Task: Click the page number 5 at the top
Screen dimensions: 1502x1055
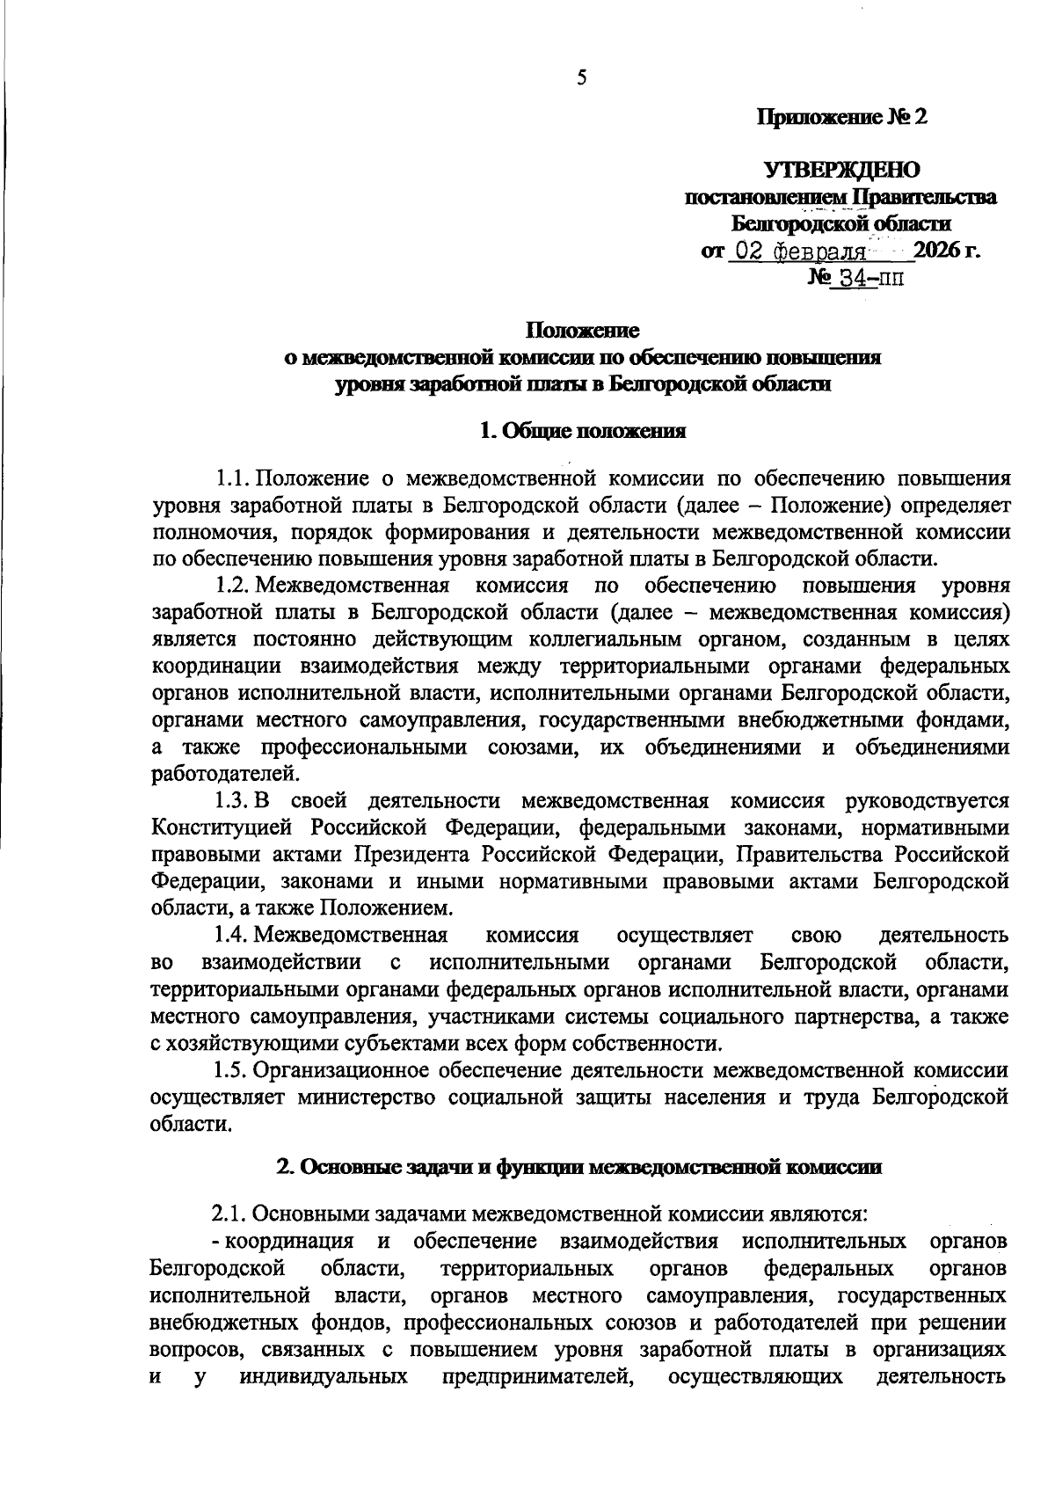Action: coord(581,78)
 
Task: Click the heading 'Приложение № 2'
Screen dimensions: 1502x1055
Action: coord(843,117)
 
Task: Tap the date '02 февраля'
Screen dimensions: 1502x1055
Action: coord(799,252)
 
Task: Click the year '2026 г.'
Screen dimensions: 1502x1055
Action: coord(947,251)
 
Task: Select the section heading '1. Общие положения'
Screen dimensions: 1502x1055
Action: coord(582,431)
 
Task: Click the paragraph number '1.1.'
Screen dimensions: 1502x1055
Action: coord(233,479)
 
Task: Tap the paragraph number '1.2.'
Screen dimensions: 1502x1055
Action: coord(233,586)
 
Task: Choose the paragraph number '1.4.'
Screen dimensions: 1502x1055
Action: coord(233,935)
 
